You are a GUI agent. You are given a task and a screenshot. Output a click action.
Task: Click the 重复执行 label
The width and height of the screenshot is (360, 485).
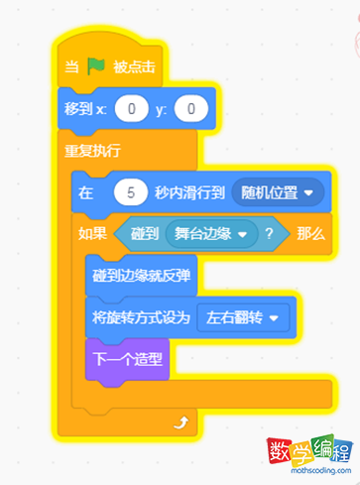(92, 151)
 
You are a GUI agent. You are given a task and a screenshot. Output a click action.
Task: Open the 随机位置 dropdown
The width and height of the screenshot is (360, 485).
(278, 192)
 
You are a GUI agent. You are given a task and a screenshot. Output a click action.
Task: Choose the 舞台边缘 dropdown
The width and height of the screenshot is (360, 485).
(210, 234)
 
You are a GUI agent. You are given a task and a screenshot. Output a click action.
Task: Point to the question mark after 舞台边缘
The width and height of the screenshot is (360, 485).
(269, 234)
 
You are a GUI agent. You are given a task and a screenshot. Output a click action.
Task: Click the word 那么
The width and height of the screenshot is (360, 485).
(310, 234)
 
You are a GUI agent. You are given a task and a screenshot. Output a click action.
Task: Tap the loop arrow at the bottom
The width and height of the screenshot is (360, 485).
(180, 424)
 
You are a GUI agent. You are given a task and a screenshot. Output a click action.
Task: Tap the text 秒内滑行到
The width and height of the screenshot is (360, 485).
(188, 192)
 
